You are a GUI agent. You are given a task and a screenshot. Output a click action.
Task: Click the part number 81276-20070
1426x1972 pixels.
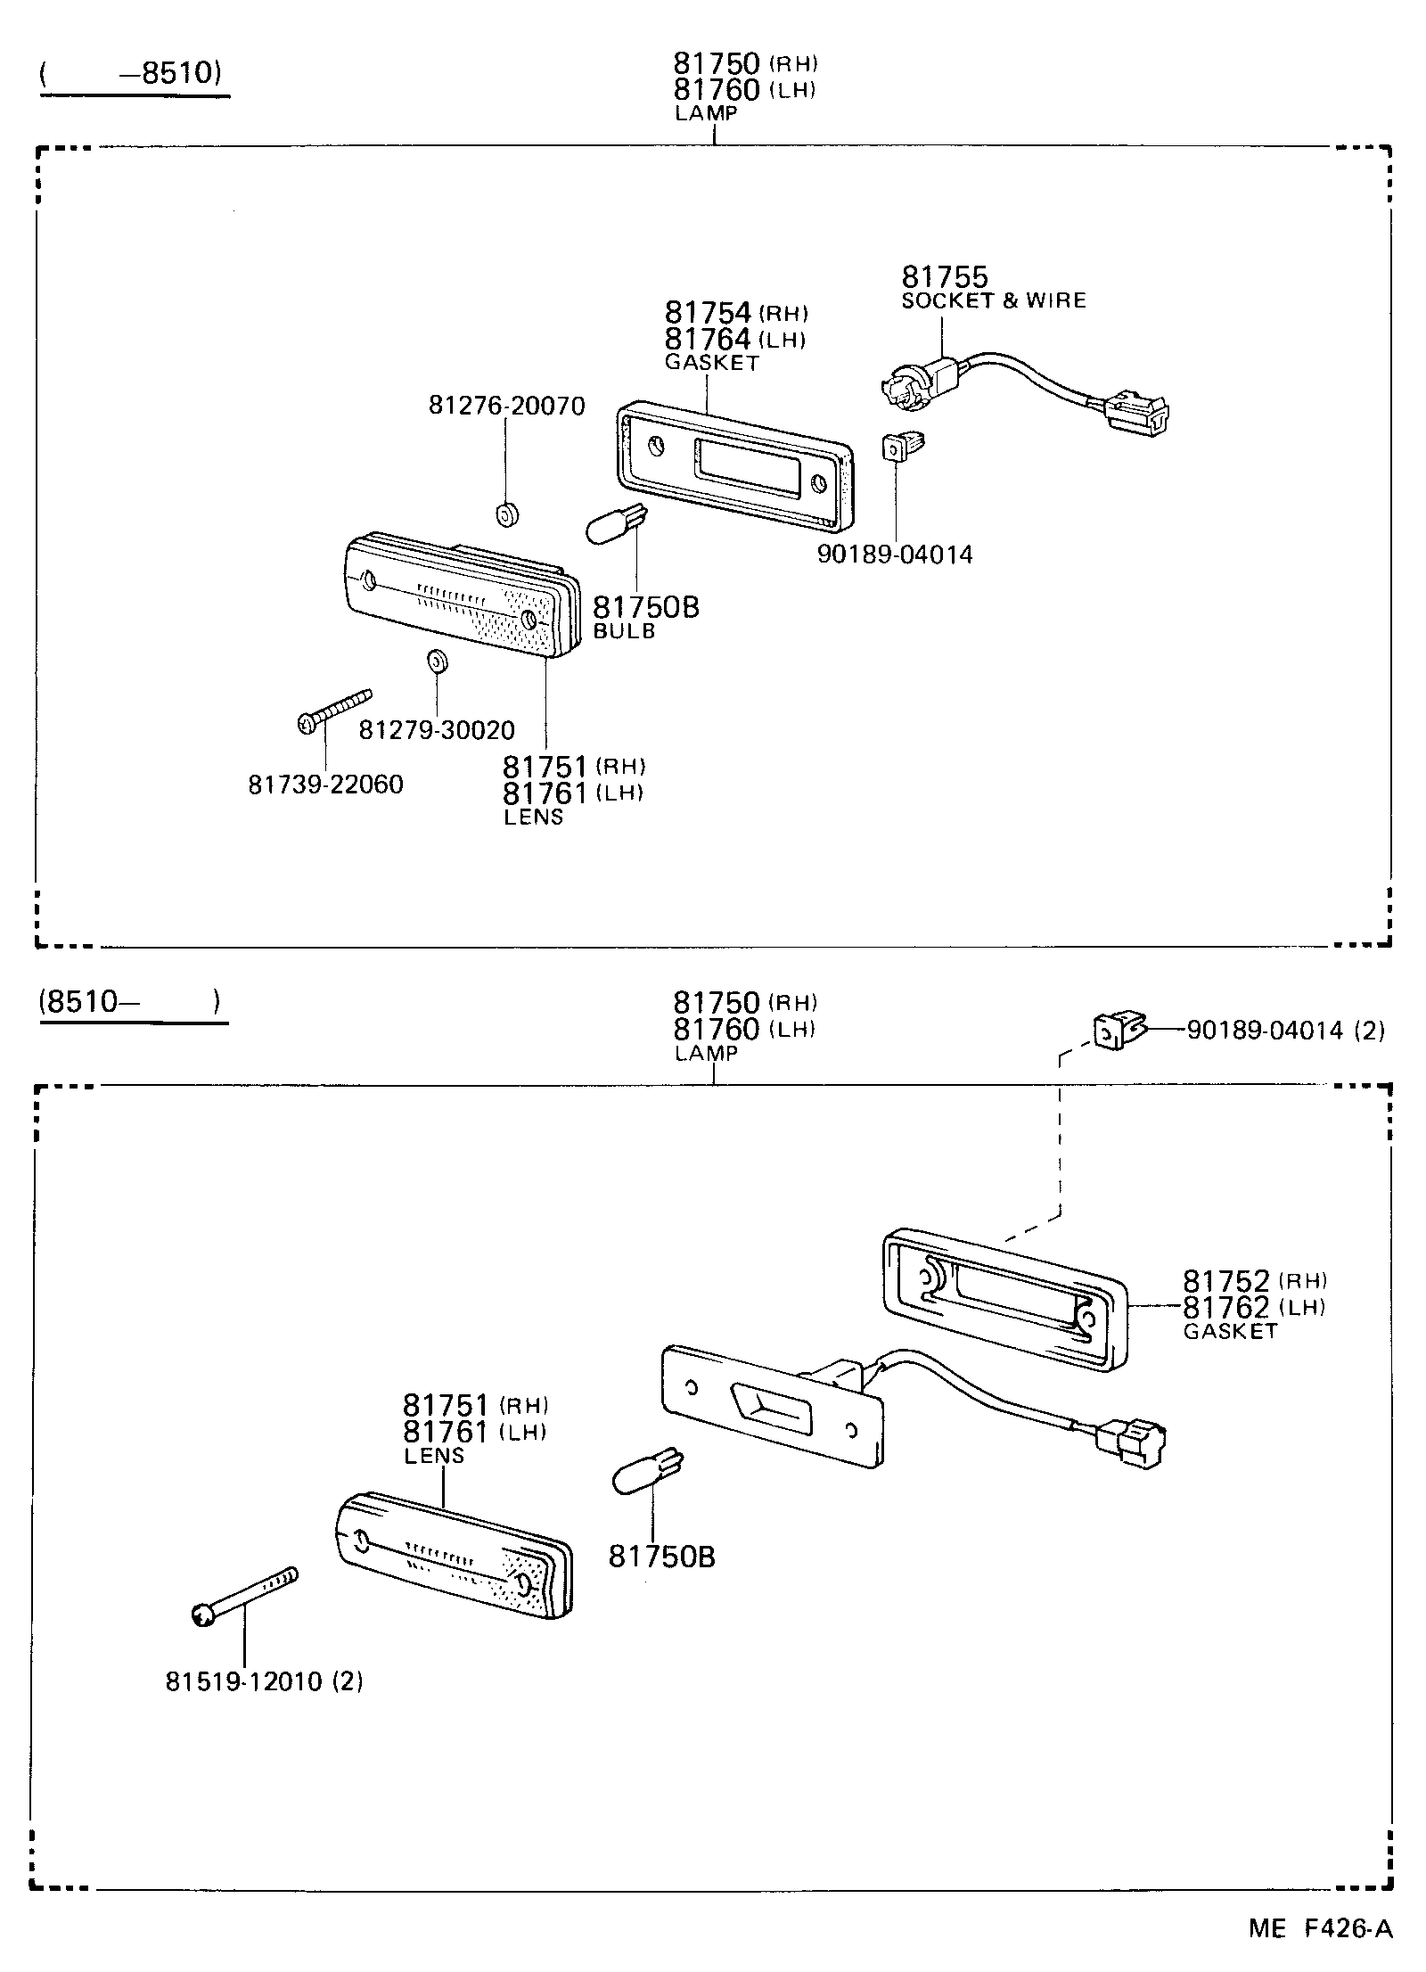[506, 407]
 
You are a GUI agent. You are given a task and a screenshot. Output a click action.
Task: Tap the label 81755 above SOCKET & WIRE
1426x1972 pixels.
[945, 276]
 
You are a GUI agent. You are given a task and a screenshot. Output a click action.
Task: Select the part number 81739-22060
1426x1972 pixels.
[325, 785]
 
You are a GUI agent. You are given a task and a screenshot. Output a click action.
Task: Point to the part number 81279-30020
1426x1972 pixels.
[437, 730]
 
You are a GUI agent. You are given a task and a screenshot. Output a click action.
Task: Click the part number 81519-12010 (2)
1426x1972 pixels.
[265, 1682]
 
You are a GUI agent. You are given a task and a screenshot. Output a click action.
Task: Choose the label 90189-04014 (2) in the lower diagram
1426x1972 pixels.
[1285, 1031]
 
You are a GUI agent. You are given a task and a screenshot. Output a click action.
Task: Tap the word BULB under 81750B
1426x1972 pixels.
[624, 631]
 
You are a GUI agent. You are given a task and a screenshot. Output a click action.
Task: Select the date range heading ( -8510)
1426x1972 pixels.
[131, 72]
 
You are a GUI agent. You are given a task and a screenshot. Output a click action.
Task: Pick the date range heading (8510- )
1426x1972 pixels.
[129, 1002]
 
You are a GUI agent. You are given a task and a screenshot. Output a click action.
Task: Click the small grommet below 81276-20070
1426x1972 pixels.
[507, 514]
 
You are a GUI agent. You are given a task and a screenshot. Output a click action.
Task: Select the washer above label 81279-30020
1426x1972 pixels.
[437, 661]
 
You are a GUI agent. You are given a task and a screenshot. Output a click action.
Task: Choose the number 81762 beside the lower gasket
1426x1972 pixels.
[1225, 1308]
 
